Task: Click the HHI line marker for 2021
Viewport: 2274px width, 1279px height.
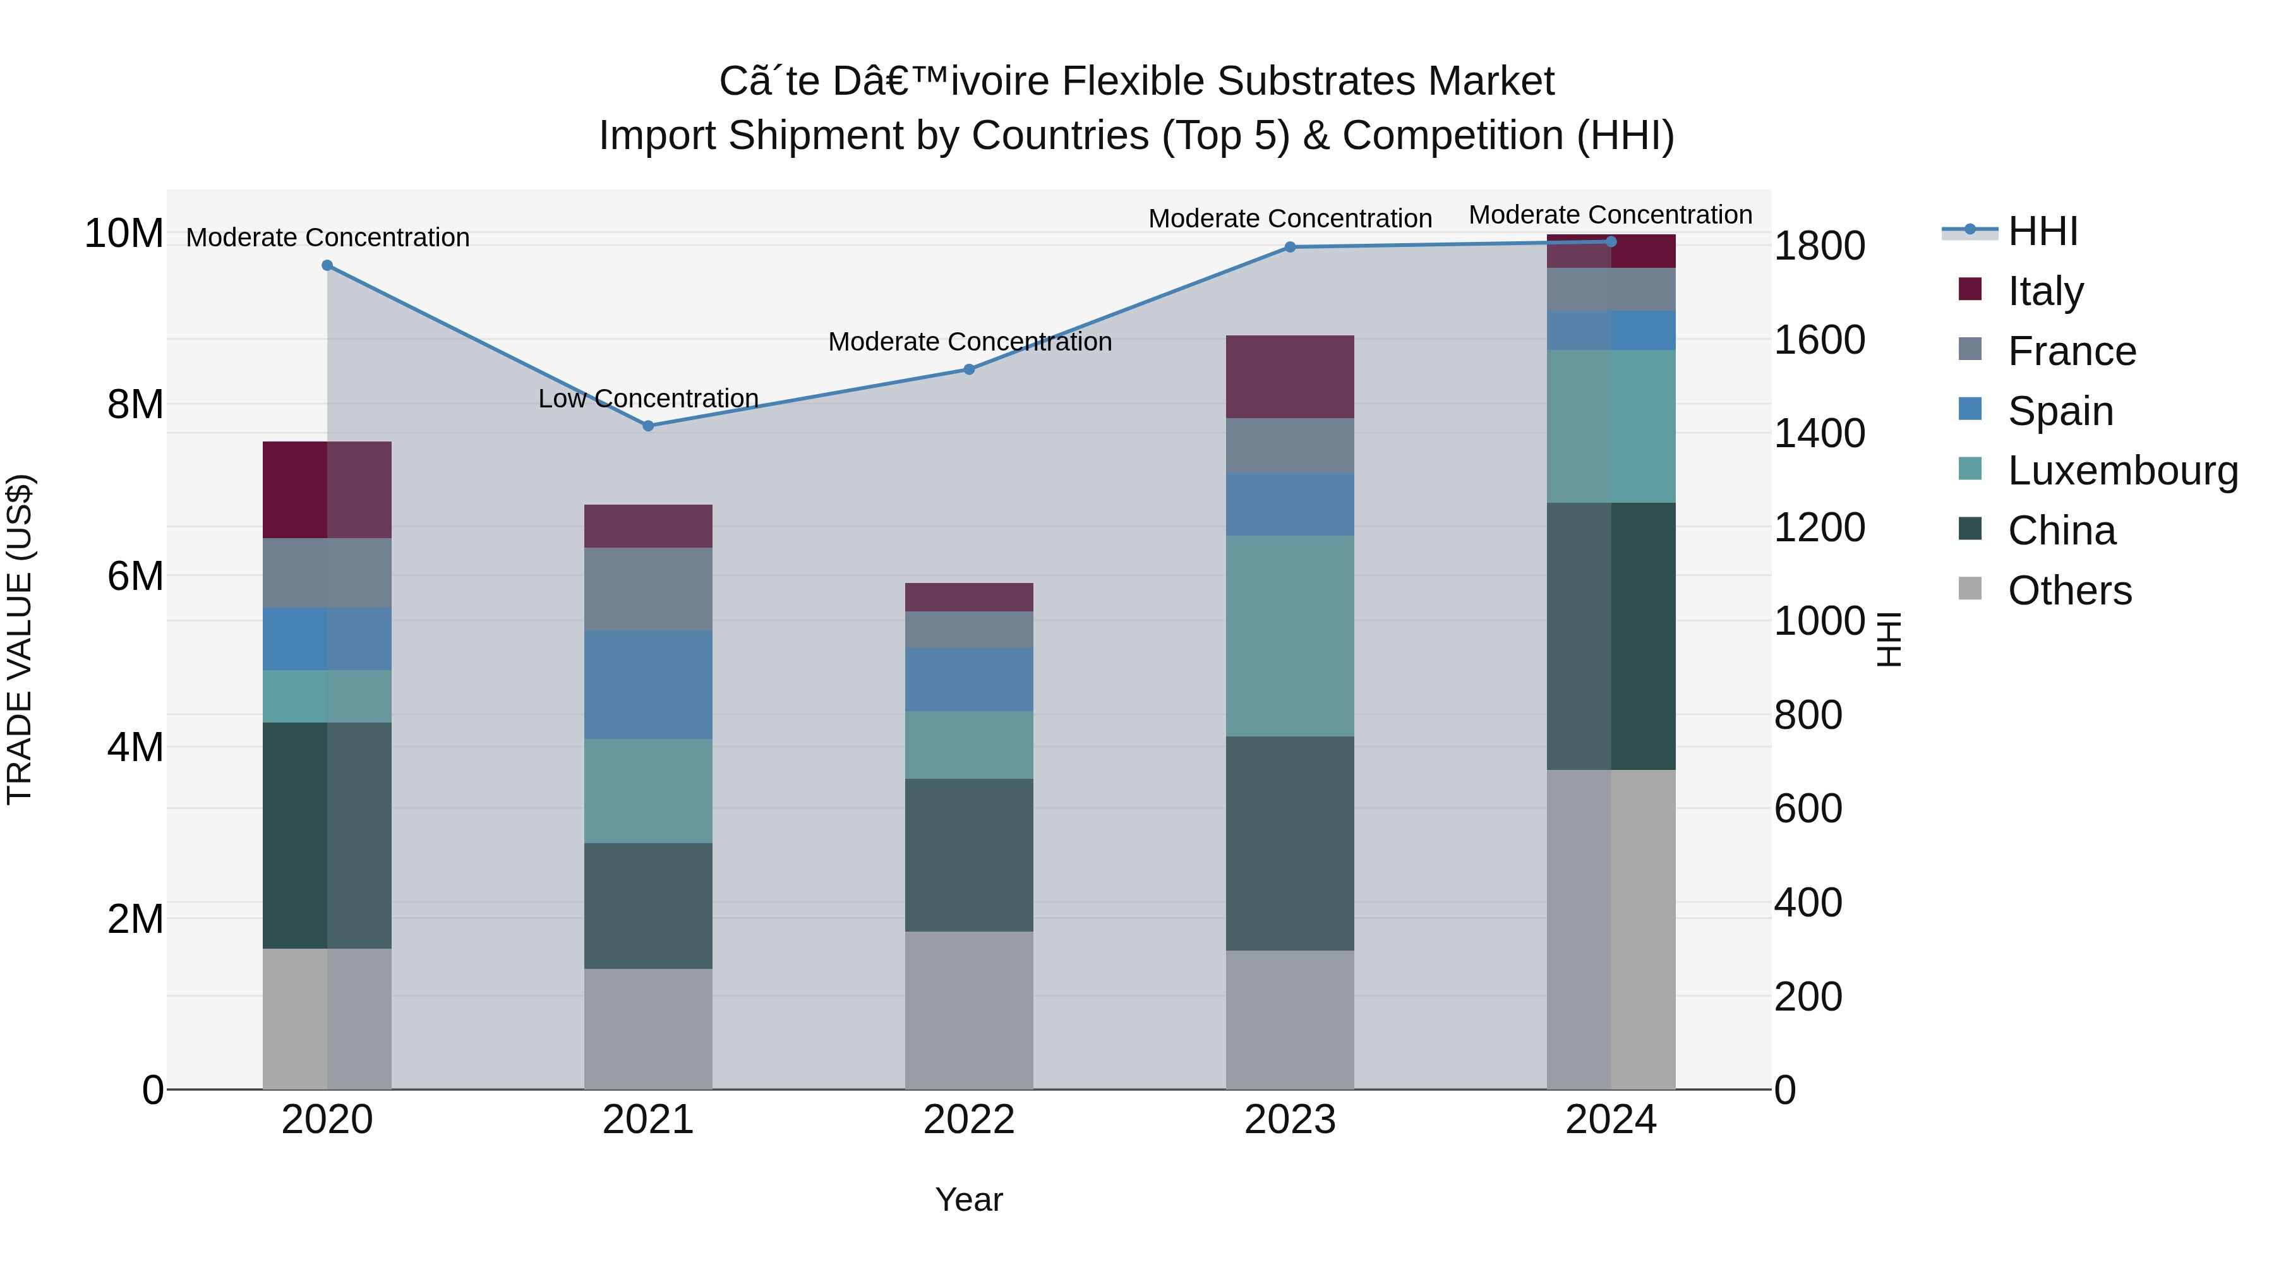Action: (x=648, y=426)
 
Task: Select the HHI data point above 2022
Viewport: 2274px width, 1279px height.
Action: (x=968, y=369)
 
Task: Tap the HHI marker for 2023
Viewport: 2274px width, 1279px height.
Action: (x=1290, y=247)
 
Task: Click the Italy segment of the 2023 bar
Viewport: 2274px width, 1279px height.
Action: (x=1290, y=377)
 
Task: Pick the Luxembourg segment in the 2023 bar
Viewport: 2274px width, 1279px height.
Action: (x=1290, y=635)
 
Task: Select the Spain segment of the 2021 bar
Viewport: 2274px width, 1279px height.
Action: (x=648, y=684)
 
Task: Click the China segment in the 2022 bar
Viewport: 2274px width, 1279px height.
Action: (x=968, y=855)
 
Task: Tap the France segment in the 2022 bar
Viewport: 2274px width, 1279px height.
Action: (x=968, y=629)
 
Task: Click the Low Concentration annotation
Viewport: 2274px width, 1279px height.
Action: (x=648, y=399)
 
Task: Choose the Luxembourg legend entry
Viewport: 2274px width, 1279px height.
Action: (x=2122, y=471)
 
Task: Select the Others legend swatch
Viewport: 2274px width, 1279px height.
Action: (x=1970, y=589)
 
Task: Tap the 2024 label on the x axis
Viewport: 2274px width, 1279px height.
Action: (x=1610, y=1120)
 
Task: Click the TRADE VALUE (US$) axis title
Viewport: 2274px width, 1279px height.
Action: (x=20, y=639)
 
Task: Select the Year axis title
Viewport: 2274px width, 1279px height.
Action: (x=968, y=1199)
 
